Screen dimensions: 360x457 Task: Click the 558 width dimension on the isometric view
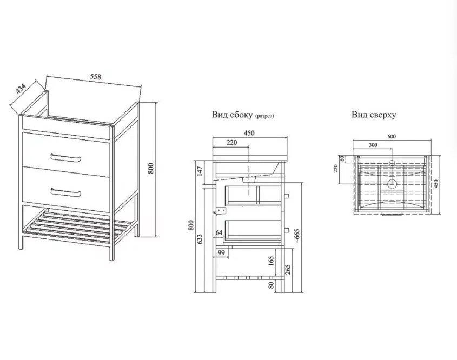pyautogui.click(x=95, y=77)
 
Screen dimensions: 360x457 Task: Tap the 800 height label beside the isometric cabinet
pyautogui.click(x=151, y=169)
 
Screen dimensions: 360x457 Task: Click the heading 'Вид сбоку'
pyautogui.click(x=231, y=115)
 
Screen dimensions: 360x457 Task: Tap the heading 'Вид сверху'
pyautogui.click(x=374, y=115)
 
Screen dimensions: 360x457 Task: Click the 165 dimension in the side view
pyautogui.click(x=270, y=261)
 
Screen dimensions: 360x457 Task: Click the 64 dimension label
pyautogui.click(x=220, y=233)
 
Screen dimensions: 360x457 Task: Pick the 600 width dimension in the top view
pyautogui.click(x=391, y=136)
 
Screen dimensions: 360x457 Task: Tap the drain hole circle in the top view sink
pyautogui.click(x=393, y=184)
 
